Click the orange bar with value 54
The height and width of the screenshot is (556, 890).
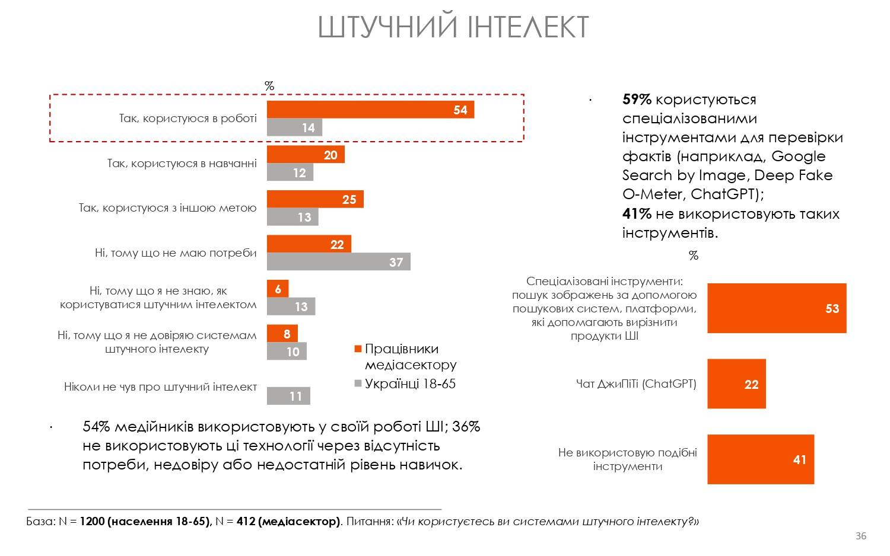(370, 110)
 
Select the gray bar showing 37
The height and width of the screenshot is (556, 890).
(338, 261)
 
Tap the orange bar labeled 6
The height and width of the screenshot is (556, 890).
(278, 289)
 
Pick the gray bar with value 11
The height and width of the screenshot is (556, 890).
(288, 396)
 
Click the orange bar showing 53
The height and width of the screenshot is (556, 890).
(776, 308)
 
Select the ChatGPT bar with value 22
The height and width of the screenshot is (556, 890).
(736, 384)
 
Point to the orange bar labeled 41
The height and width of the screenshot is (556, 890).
(760, 459)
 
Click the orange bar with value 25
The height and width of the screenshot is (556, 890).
(315, 199)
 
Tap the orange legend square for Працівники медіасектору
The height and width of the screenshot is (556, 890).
(357, 349)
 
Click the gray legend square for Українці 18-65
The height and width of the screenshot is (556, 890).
(357, 384)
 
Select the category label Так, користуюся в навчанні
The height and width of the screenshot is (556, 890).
(182, 163)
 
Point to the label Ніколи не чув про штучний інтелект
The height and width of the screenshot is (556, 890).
(160, 387)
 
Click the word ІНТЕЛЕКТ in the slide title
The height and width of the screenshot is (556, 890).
(528, 27)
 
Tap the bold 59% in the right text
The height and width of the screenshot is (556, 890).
(637, 100)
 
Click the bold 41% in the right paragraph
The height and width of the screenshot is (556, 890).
(637, 213)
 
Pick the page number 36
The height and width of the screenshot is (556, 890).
(860, 536)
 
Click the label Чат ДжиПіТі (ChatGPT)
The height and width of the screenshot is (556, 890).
(636, 384)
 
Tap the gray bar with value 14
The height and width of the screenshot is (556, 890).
(294, 127)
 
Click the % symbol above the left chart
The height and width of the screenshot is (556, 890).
(269, 86)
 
